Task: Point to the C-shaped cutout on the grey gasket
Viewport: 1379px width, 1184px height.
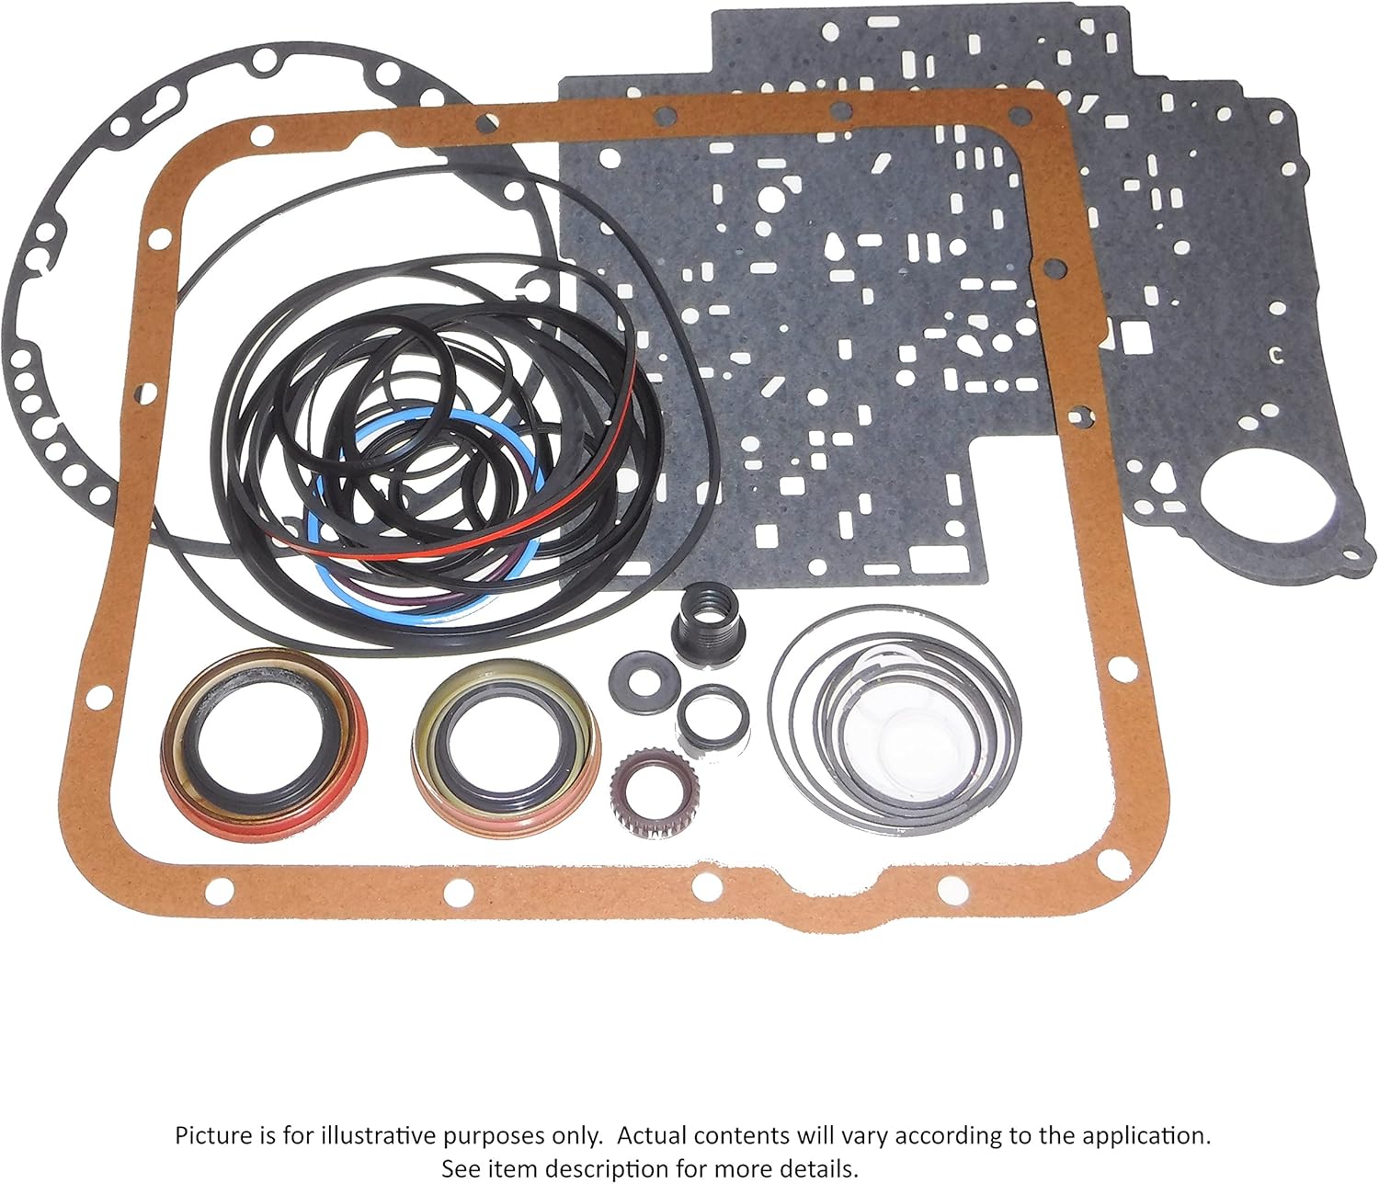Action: click(x=1274, y=355)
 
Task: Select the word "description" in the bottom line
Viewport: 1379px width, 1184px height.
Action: click(x=606, y=1168)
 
